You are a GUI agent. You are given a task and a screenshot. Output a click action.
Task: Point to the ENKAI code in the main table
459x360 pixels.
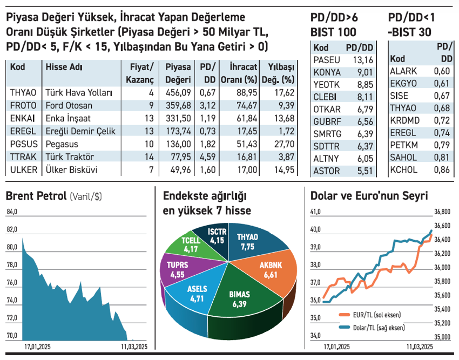23,118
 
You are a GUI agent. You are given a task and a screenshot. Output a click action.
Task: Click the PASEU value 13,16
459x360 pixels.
362,59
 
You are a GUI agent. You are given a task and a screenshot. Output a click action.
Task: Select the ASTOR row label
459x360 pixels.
326,172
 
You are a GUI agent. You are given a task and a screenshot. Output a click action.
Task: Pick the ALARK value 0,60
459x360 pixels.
442,71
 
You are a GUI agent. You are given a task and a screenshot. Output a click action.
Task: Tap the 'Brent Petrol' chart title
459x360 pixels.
36,196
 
